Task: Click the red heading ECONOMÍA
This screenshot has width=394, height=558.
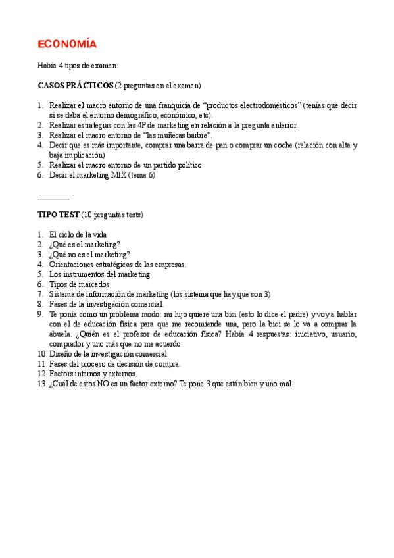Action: click(67, 44)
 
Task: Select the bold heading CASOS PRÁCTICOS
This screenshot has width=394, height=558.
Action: click(76, 86)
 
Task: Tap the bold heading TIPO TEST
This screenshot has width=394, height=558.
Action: click(59, 215)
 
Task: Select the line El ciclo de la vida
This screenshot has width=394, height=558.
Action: click(78, 234)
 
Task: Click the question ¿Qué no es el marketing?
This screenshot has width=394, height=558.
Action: click(89, 254)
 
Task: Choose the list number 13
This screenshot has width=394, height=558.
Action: click(42, 384)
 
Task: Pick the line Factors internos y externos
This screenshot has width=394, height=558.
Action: click(93, 374)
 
